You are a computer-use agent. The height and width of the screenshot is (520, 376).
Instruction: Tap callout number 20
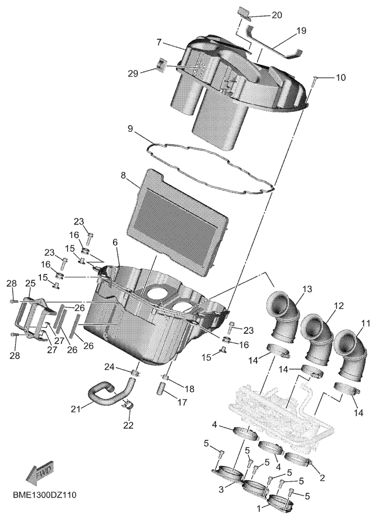coord(276,15)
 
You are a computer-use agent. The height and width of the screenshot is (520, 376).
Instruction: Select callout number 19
coord(301,31)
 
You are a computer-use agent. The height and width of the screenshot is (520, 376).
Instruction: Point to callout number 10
coord(340,78)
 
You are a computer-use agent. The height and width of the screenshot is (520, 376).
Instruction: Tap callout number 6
coord(115,243)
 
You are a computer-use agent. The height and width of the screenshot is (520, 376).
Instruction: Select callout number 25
coord(30,283)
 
